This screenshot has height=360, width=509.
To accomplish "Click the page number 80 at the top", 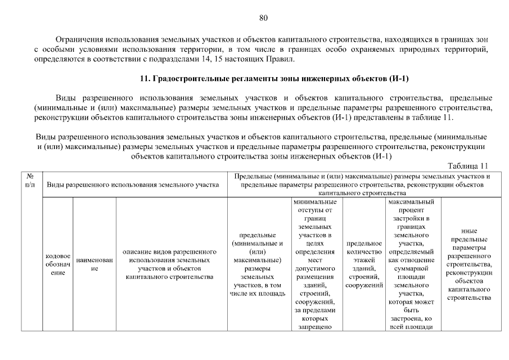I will pyautogui.click(x=263, y=17).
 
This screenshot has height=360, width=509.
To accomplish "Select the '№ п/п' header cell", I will pyautogui.click(x=31, y=180).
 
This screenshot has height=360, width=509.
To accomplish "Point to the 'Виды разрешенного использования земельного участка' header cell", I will pyautogui.click(x=133, y=184).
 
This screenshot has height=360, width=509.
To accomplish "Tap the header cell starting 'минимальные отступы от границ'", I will pyautogui.click(x=314, y=264).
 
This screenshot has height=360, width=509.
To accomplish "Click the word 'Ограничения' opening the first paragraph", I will pyautogui.click(x=79, y=40).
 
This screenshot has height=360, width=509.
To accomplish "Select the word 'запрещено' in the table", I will pyautogui.click(x=314, y=327).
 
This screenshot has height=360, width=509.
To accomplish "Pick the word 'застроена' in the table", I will pyautogui.click(x=406, y=318).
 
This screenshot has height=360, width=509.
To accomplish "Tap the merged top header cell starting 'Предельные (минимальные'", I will pyautogui.click(x=362, y=184).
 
